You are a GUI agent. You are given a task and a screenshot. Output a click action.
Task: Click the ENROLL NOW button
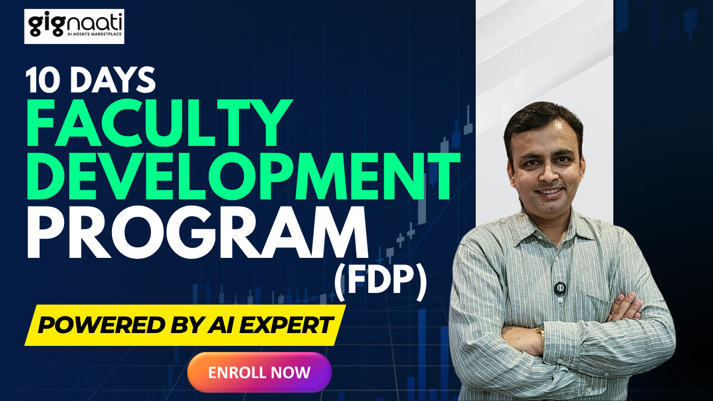[x=260, y=372]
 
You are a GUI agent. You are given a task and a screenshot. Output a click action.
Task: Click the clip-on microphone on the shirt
[x=560, y=288]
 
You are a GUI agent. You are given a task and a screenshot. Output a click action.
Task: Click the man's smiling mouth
[x=550, y=192]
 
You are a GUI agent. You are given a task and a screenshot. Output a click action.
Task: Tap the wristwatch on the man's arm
[x=540, y=332]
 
